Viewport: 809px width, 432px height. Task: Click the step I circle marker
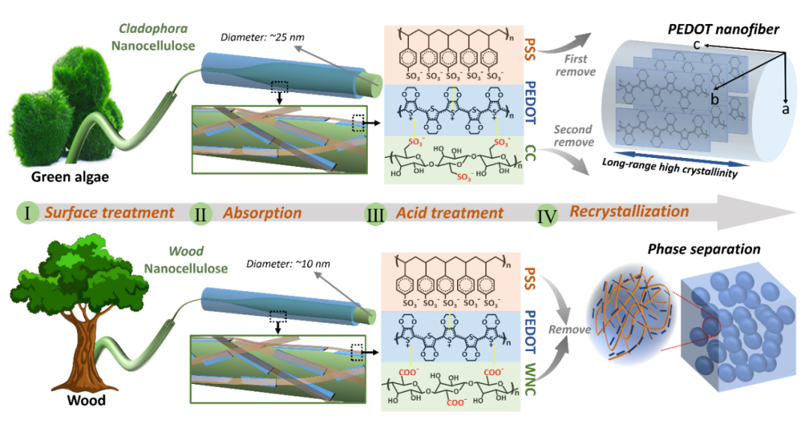click(27, 213)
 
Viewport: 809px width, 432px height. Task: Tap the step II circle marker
click(201, 213)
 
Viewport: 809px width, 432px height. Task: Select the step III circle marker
click(375, 213)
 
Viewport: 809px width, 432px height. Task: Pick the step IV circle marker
click(548, 214)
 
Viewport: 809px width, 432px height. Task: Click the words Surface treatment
click(109, 213)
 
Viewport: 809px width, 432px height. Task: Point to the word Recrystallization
click(629, 211)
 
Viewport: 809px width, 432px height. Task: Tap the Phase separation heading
click(706, 249)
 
